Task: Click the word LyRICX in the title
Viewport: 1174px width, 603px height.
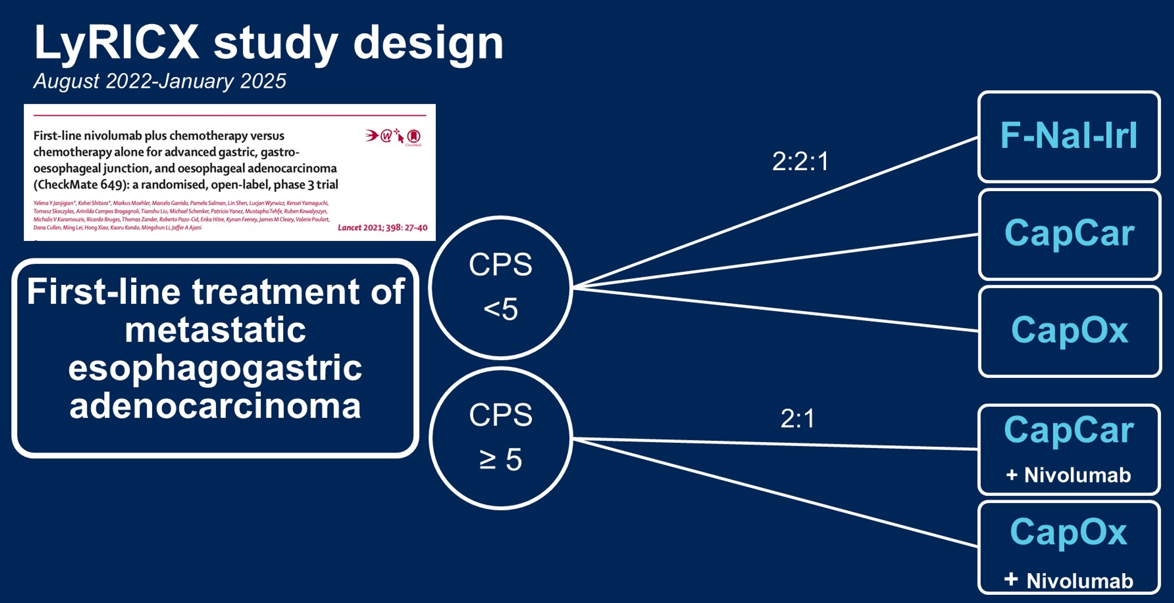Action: click(x=116, y=43)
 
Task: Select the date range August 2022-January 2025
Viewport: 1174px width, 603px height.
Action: click(x=160, y=81)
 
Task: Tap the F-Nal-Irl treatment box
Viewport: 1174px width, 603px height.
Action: click(x=1068, y=136)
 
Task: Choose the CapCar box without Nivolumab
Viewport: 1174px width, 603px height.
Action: click(x=1069, y=233)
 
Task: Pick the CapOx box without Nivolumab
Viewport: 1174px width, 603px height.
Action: click(x=1069, y=330)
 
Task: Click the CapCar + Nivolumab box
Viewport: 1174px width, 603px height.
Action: click(x=1069, y=449)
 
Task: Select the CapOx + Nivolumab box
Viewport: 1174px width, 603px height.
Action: click(x=1069, y=547)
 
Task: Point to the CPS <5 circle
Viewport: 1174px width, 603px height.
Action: click(x=500, y=287)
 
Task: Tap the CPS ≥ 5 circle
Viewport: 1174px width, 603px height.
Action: click(x=500, y=437)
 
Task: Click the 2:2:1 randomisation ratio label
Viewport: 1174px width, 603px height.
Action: click(x=800, y=161)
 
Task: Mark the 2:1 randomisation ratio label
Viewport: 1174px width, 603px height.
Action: click(x=797, y=419)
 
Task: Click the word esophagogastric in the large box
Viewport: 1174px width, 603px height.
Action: click(x=215, y=368)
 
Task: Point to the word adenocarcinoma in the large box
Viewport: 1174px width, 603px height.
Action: click(x=215, y=406)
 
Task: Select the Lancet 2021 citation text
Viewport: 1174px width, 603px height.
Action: click(x=382, y=228)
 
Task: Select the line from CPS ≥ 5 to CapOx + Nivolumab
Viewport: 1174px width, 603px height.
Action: click(x=778, y=493)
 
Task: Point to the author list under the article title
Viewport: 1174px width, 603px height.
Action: click(x=181, y=215)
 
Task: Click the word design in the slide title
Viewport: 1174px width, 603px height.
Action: click(x=428, y=43)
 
